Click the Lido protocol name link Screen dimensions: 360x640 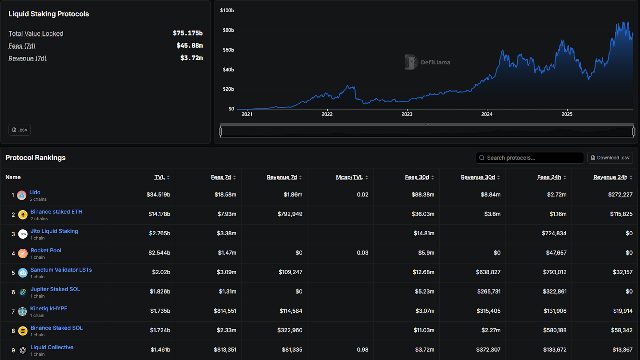tap(35, 192)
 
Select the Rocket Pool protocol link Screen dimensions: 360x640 tap(46, 250)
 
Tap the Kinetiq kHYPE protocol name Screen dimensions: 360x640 tap(49, 308)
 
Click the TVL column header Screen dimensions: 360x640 tap(160, 177)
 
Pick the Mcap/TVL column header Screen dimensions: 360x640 tap(349, 177)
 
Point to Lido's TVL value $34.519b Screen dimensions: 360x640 tap(158, 195)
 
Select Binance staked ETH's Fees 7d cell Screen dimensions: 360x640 tap(227, 214)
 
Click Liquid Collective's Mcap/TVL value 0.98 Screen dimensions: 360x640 tap(362, 350)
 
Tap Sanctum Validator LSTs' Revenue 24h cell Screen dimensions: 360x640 tap(622, 272)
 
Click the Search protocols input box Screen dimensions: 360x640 tap(530, 158)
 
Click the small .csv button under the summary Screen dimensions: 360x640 tap(20, 130)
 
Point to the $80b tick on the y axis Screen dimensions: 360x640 tap(228, 30)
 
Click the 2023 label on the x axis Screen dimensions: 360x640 tap(407, 114)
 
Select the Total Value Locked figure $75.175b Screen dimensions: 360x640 tap(188, 33)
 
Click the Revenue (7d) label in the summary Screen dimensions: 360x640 tap(28, 58)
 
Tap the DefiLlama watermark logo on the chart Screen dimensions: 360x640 tap(411, 62)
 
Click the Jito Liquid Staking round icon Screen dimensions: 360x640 tap(23, 234)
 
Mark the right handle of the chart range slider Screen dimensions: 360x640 tap(633, 131)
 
